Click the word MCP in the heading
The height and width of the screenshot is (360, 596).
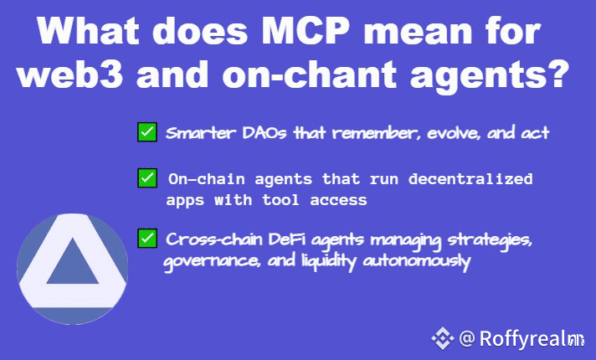pos(306,31)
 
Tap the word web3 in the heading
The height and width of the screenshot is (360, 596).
pos(70,74)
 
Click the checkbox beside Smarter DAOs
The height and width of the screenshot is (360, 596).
pos(147,132)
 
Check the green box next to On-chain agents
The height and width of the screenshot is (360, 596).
pos(147,178)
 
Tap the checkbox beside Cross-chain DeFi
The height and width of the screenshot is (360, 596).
pos(147,239)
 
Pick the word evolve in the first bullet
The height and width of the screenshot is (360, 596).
pos(453,133)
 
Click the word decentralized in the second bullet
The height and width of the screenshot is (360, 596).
pos(470,179)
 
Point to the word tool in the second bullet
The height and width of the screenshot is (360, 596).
pos(280,200)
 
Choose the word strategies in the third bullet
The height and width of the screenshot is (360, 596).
pos(490,240)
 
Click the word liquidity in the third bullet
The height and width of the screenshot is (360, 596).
pos(329,262)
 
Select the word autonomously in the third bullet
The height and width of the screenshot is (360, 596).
pos(417,261)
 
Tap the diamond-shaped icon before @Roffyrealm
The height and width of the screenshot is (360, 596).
pos(443,338)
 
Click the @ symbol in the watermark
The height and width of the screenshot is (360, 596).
pos(467,338)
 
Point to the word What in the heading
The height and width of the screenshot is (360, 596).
pos(88,31)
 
